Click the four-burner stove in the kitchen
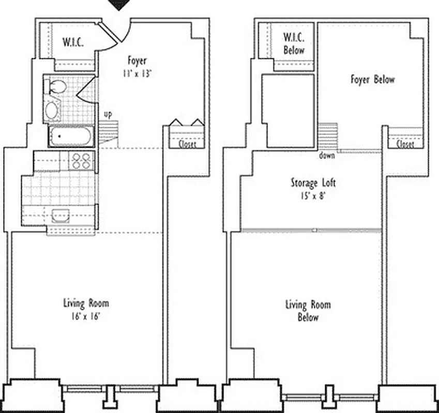click(x=81, y=161)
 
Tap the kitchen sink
click(x=61, y=215)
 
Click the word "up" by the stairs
click(x=108, y=114)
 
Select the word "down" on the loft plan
click(x=327, y=155)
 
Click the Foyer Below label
click(x=372, y=80)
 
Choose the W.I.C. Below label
click(x=294, y=44)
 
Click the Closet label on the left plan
click(x=187, y=145)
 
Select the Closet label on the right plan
click(x=405, y=145)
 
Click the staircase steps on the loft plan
click(x=327, y=136)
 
